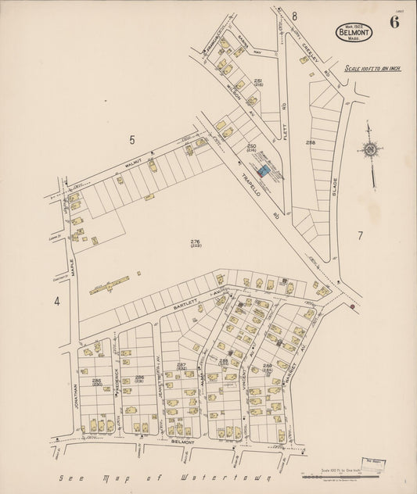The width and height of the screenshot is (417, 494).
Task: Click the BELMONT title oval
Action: (354, 32)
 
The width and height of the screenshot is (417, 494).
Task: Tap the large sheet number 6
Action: (394, 22)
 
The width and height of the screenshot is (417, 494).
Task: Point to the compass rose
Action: (369, 149)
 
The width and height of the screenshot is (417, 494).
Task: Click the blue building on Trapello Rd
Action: (264, 170)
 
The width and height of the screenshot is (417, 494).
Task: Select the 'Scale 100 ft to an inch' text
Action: (373, 69)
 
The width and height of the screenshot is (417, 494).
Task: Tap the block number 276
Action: (195, 242)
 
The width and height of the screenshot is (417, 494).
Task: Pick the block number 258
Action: (311, 142)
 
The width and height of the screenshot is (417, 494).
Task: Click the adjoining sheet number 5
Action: (132, 140)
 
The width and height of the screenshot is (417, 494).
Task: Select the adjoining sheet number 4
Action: (56, 300)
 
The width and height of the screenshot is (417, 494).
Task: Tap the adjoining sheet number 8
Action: (295, 16)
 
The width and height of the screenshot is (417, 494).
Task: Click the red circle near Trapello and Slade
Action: (353, 307)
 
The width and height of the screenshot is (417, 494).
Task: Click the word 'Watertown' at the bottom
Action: (224, 477)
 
